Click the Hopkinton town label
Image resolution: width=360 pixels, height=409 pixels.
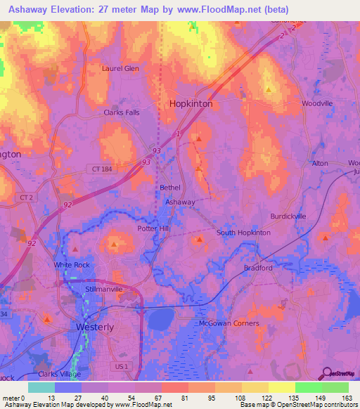click(191, 103)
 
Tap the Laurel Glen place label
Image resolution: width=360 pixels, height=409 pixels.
click(121, 69)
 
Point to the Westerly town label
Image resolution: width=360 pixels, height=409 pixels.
click(94, 327)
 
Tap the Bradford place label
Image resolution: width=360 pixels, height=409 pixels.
click(258, 268)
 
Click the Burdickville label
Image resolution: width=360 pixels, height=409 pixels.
click(288, 216)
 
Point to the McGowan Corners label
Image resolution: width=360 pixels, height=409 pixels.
click(229, 323)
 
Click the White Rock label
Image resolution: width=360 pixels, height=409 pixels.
click(72, 265)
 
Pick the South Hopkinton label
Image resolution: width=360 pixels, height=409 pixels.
click(243, 233)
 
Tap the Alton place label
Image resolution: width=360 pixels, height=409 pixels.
click(320, 163)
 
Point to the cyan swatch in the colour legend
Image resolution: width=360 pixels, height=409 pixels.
click(41, 387)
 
